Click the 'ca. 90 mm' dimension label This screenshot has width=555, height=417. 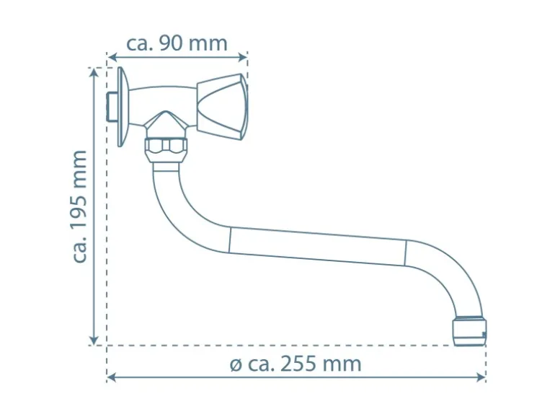(177, 43)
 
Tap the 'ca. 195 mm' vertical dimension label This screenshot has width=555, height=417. (79, 206)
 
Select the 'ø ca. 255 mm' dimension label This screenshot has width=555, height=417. (296, 364)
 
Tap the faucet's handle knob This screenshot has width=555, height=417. (222, 107)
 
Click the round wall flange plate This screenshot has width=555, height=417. (123, 107)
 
